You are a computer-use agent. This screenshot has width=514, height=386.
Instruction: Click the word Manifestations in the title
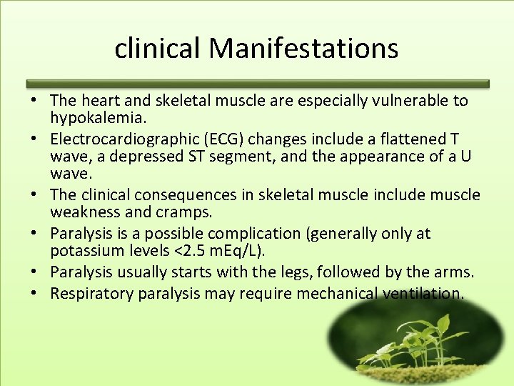[x=303, y=48]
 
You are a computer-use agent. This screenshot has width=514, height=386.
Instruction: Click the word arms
[x=454, y=272]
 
